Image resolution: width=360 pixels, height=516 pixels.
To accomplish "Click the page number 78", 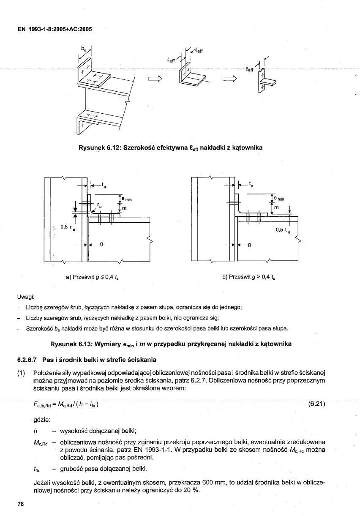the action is [x=21, y=504].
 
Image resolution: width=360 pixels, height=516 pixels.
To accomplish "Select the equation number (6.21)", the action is [x=316, y=404].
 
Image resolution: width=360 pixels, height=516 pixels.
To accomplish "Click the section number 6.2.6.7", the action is [x=27, y=360].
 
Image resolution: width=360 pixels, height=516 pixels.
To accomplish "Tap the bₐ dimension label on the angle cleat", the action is [x=83, y=49].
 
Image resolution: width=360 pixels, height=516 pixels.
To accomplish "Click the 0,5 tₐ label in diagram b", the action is [x=283, y=230].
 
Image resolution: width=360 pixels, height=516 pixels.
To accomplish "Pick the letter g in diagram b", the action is [x=249, y=245].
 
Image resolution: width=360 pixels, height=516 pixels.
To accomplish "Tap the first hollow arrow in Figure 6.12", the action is [x=155, y=79].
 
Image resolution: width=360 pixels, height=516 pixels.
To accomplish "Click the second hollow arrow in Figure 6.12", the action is [x=229, y=79].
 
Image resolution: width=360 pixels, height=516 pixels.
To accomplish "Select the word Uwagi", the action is [x=26, y=297].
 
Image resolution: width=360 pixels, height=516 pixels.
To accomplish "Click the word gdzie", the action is [x=42, y=420].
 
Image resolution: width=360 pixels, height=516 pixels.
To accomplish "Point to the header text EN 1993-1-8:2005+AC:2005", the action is [x=55, y=29].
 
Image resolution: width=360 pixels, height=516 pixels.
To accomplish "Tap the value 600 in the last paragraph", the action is [x=207, y=483].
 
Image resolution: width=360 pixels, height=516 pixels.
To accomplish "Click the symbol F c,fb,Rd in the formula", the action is [x=42, y=405].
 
